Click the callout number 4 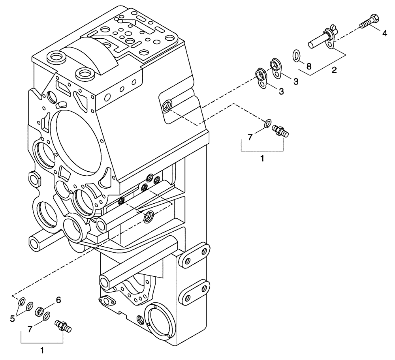[384, 34]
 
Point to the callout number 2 [334, 71]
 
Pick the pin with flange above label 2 [320, 39]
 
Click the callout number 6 [58, 300]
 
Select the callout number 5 [13, 318]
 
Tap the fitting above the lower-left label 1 [62, 326]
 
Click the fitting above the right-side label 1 [282, 131]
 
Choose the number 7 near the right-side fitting [250, 137]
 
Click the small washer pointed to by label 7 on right [267, 124]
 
